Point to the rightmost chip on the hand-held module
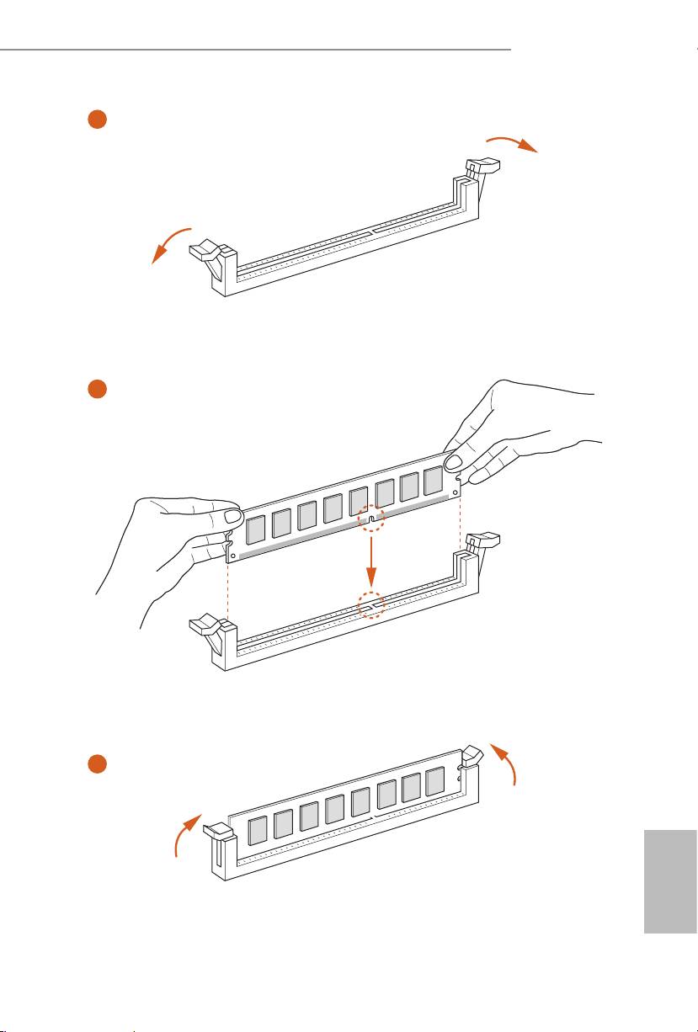433,481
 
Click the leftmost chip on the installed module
258,829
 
